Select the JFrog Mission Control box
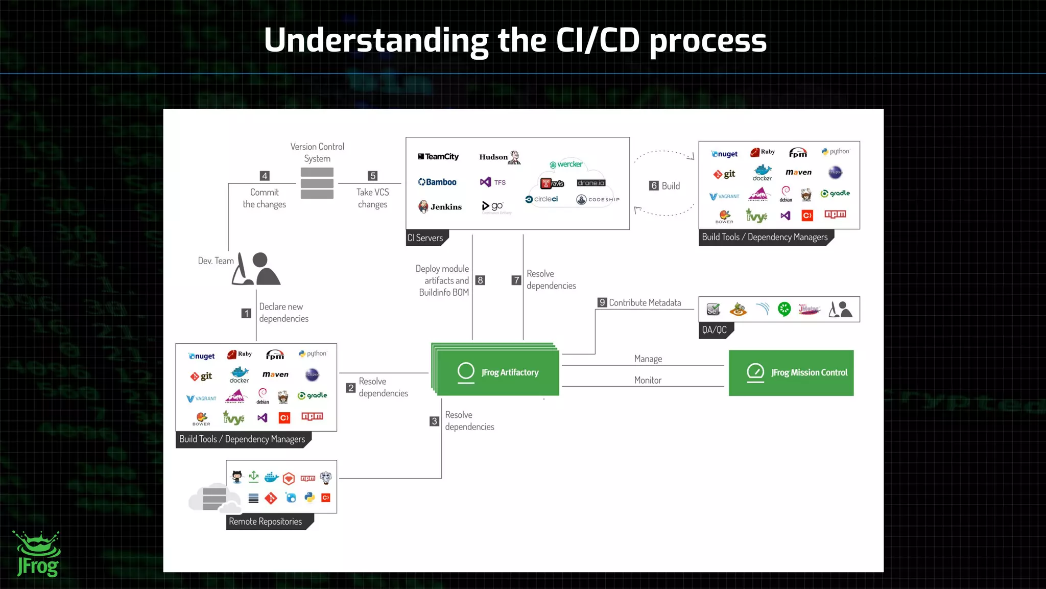click(791, 373)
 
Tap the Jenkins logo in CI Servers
click(440, 206)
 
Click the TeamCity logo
click(438, 157)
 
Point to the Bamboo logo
click(437, 182)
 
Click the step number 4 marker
click(265, 176)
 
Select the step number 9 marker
click(602, 302)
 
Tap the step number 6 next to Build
click(654, 186)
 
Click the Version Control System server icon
click(317, 183)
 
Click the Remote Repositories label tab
click(266, 522)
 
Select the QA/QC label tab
click(714, 330)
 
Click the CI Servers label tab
click(425, 238)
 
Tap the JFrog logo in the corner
click(38, 555)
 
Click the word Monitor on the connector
click(648, 380)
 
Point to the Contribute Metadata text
click(645, 302)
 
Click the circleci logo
click(542, 199)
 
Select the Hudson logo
click(500, 157)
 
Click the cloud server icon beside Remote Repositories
click(214, 498)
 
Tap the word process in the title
click(708, 41)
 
